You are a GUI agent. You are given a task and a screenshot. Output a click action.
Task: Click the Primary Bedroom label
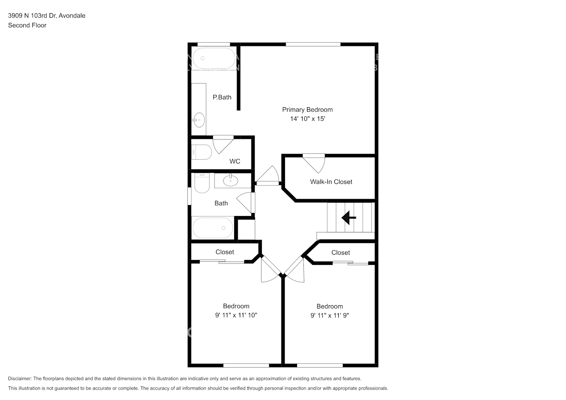coord(307,110)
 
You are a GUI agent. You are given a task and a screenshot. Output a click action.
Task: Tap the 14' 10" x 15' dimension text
coord(307,119)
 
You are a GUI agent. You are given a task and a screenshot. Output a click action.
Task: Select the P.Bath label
coord(222,97)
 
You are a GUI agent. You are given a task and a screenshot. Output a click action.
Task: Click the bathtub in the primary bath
coord(214,58)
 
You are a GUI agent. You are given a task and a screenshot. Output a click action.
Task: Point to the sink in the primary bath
coord(199,120)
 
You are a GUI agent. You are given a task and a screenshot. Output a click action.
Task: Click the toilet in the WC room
coord(202,152)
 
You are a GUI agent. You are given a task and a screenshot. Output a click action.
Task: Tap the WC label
coord(235,161)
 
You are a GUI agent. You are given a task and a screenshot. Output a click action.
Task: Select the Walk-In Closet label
coord(331,182)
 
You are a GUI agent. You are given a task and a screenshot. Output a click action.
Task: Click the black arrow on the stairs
coord(348,218)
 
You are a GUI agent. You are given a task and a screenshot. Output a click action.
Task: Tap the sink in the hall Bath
coord(230,180)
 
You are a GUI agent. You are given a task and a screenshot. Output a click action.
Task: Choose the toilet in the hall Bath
coord(202,184)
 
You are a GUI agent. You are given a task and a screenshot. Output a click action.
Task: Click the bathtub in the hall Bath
coord(213,228)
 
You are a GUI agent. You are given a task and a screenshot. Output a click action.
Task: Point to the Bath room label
coord(221,203)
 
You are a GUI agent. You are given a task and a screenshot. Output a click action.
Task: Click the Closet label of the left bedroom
coord(225,252)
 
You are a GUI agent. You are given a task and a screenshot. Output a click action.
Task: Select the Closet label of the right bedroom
coord(340,253)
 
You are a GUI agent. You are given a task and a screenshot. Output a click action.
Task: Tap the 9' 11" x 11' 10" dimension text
coord(236,315)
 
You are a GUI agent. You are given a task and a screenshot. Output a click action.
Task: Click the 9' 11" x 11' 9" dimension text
coord(329,315)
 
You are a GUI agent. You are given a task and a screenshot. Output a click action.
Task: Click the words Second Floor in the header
coord(27,25)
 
